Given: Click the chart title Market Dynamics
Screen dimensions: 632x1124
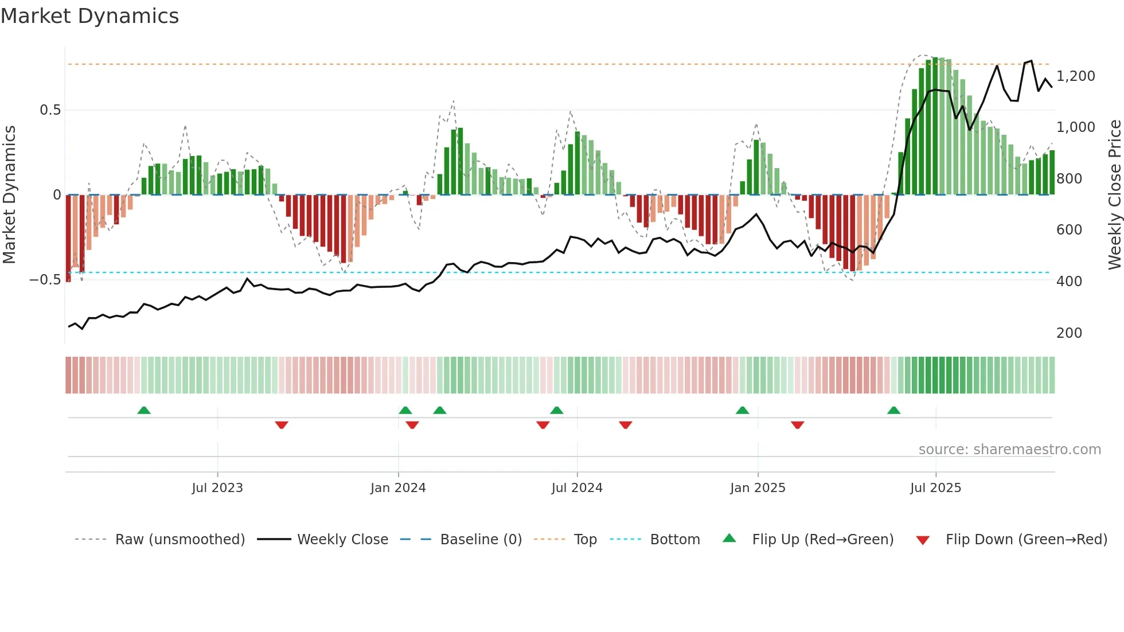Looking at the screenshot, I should [89, 16].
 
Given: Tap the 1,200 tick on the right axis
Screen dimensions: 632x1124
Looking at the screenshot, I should [1075, 76].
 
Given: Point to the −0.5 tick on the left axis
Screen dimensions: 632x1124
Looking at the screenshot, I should [45, 280].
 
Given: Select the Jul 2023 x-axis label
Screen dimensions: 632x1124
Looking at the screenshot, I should [217, 488].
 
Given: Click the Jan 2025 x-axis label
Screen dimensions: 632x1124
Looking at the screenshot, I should [758, 488].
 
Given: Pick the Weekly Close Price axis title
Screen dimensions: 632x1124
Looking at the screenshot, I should [1114, 195].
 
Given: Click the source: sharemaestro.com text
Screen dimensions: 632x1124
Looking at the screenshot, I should [1009, 450].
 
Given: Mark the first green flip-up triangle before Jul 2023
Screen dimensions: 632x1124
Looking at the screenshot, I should [144, 410].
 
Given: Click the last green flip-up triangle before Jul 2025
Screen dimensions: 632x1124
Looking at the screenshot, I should [893, 410].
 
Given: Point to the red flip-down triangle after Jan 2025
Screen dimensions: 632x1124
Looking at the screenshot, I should [797, 425].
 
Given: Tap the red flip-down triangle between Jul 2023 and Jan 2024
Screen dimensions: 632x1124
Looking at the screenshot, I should [281, 425].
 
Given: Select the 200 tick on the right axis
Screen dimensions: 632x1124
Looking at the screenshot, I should [1069, 333].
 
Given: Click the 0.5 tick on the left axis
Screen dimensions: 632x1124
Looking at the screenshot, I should [50, 110].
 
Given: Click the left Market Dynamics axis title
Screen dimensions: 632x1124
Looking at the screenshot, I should [9, 195].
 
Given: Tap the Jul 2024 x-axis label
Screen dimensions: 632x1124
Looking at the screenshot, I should [577, 488].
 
